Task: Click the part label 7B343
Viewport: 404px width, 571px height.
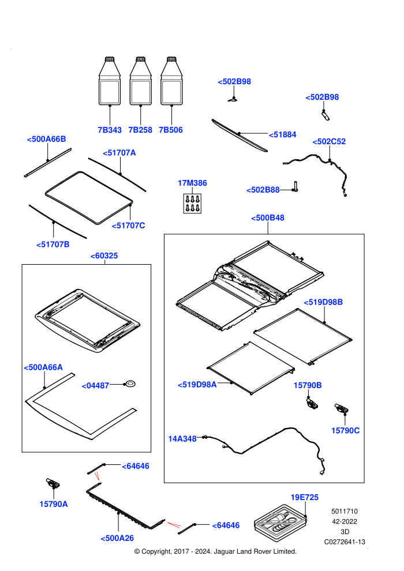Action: (x=110, y=130)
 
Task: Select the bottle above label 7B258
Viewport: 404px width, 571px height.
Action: (x=141, y=81)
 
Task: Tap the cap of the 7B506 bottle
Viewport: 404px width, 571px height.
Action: (x=171, y=59)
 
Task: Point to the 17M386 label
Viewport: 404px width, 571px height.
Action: (x=192, y=183)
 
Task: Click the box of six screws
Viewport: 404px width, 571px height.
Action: (x=192, y=203)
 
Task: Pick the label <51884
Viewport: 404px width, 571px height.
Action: (x=283, y=135)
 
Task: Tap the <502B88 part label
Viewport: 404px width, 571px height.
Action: (x=263, y=190)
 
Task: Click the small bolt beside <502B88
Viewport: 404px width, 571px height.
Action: (x=295, y=187)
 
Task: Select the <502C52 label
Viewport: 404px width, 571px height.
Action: (x=329, y=141)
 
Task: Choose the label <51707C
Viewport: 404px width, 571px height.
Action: (x=128, y=226)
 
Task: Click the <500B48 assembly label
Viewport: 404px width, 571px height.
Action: (x=268, y=218)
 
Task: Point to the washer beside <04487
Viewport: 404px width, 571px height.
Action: (x=130, y=384)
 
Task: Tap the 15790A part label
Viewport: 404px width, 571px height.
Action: (x=54, y=504)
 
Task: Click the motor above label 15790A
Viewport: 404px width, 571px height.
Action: (x=53, y=483)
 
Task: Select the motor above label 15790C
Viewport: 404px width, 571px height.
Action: (x=341, y=408)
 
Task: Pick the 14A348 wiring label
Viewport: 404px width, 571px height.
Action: (x=182, y=439)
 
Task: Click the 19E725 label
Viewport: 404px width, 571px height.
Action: (x=305, y=497)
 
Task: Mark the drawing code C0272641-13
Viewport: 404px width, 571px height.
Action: (x=345, y=542)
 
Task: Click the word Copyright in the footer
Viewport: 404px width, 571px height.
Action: (x=156, y=552)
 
